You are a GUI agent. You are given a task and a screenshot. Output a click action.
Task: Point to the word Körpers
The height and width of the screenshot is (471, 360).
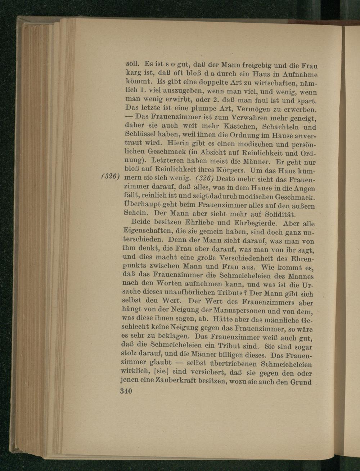(x=212, y=169)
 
